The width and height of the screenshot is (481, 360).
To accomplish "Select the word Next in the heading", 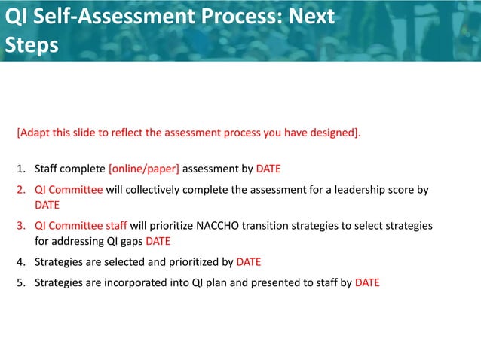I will pyautogui.click(x=309, y=17).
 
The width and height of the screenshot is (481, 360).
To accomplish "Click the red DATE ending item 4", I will pyautogui.click(x=249, y=262).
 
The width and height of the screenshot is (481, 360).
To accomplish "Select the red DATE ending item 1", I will pyautogui.click(x=268, y=168).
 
